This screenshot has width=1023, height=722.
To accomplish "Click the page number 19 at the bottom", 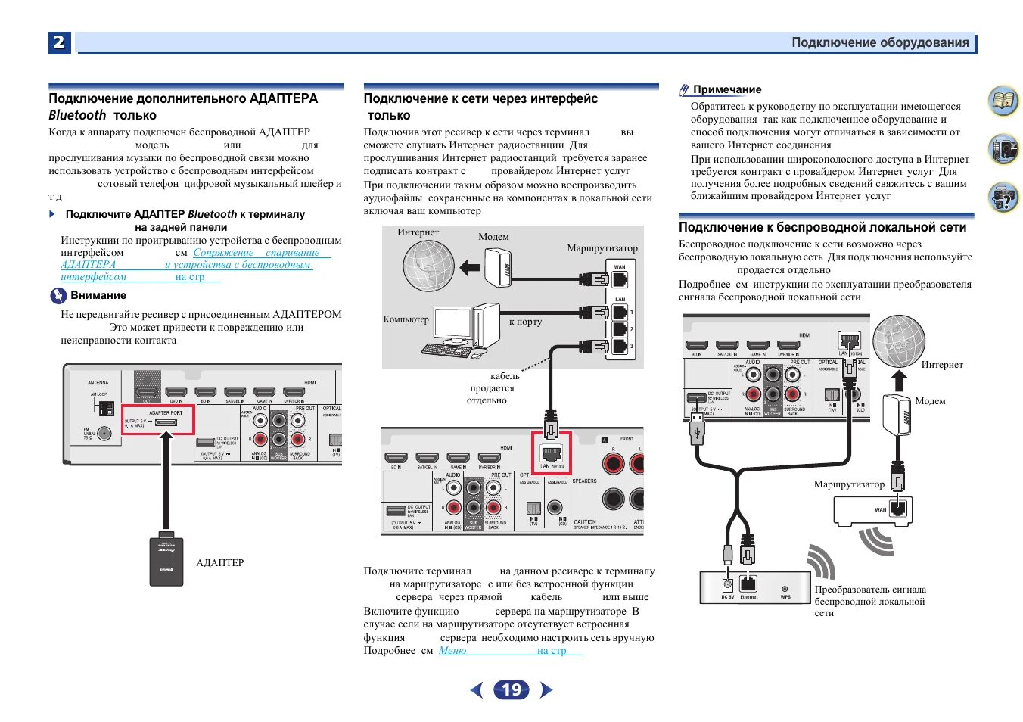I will coord(511,689).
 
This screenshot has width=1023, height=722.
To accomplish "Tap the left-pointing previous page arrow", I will coord(477,689).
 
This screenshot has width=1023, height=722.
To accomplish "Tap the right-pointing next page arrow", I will coord(546,689).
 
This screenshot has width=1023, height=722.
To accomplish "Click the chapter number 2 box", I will coord(59,42).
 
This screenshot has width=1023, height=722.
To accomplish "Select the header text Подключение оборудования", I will coord(880,43).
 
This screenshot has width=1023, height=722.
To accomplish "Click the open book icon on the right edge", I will coord(1003,101).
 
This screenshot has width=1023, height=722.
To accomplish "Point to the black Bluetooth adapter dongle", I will coord(166,561).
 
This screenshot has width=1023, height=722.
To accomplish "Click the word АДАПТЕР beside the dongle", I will coord(220,563).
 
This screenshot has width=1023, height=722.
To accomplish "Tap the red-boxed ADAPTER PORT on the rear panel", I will coord(158,419).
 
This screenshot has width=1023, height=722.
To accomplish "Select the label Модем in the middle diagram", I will coord(493,237).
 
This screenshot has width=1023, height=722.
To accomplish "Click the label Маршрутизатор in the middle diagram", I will coord(602,248).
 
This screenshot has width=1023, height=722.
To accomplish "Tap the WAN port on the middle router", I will coord(620,279).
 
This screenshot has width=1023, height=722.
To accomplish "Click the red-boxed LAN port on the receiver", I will coord(551,454).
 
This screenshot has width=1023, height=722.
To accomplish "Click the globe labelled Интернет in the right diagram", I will coord(898,341).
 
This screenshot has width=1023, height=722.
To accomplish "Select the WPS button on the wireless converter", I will coord(785,588).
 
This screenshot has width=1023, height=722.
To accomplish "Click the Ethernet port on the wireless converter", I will coord(748,584).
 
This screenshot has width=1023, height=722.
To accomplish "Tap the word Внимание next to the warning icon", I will coord(98,296).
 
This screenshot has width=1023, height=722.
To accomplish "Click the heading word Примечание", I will coord(727,89).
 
